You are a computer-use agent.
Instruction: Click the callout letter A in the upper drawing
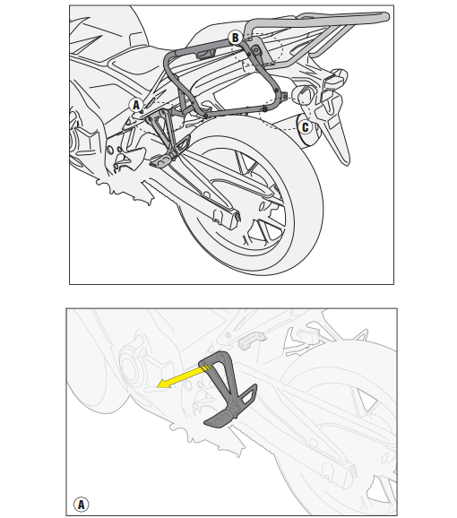tap(136, 106)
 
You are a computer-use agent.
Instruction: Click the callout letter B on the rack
tap(235, 38)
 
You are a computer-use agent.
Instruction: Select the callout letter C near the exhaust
tap(305, 127)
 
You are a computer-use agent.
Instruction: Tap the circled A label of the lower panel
tap(81, 505)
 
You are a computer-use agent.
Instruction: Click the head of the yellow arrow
tap(162, 384)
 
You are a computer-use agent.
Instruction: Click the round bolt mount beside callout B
tap(256, 50)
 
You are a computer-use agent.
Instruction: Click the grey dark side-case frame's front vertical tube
tap(172, 78)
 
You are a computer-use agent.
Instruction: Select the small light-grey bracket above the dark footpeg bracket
tap(253, 341)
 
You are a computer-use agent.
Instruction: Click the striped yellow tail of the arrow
tap(205, 367)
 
